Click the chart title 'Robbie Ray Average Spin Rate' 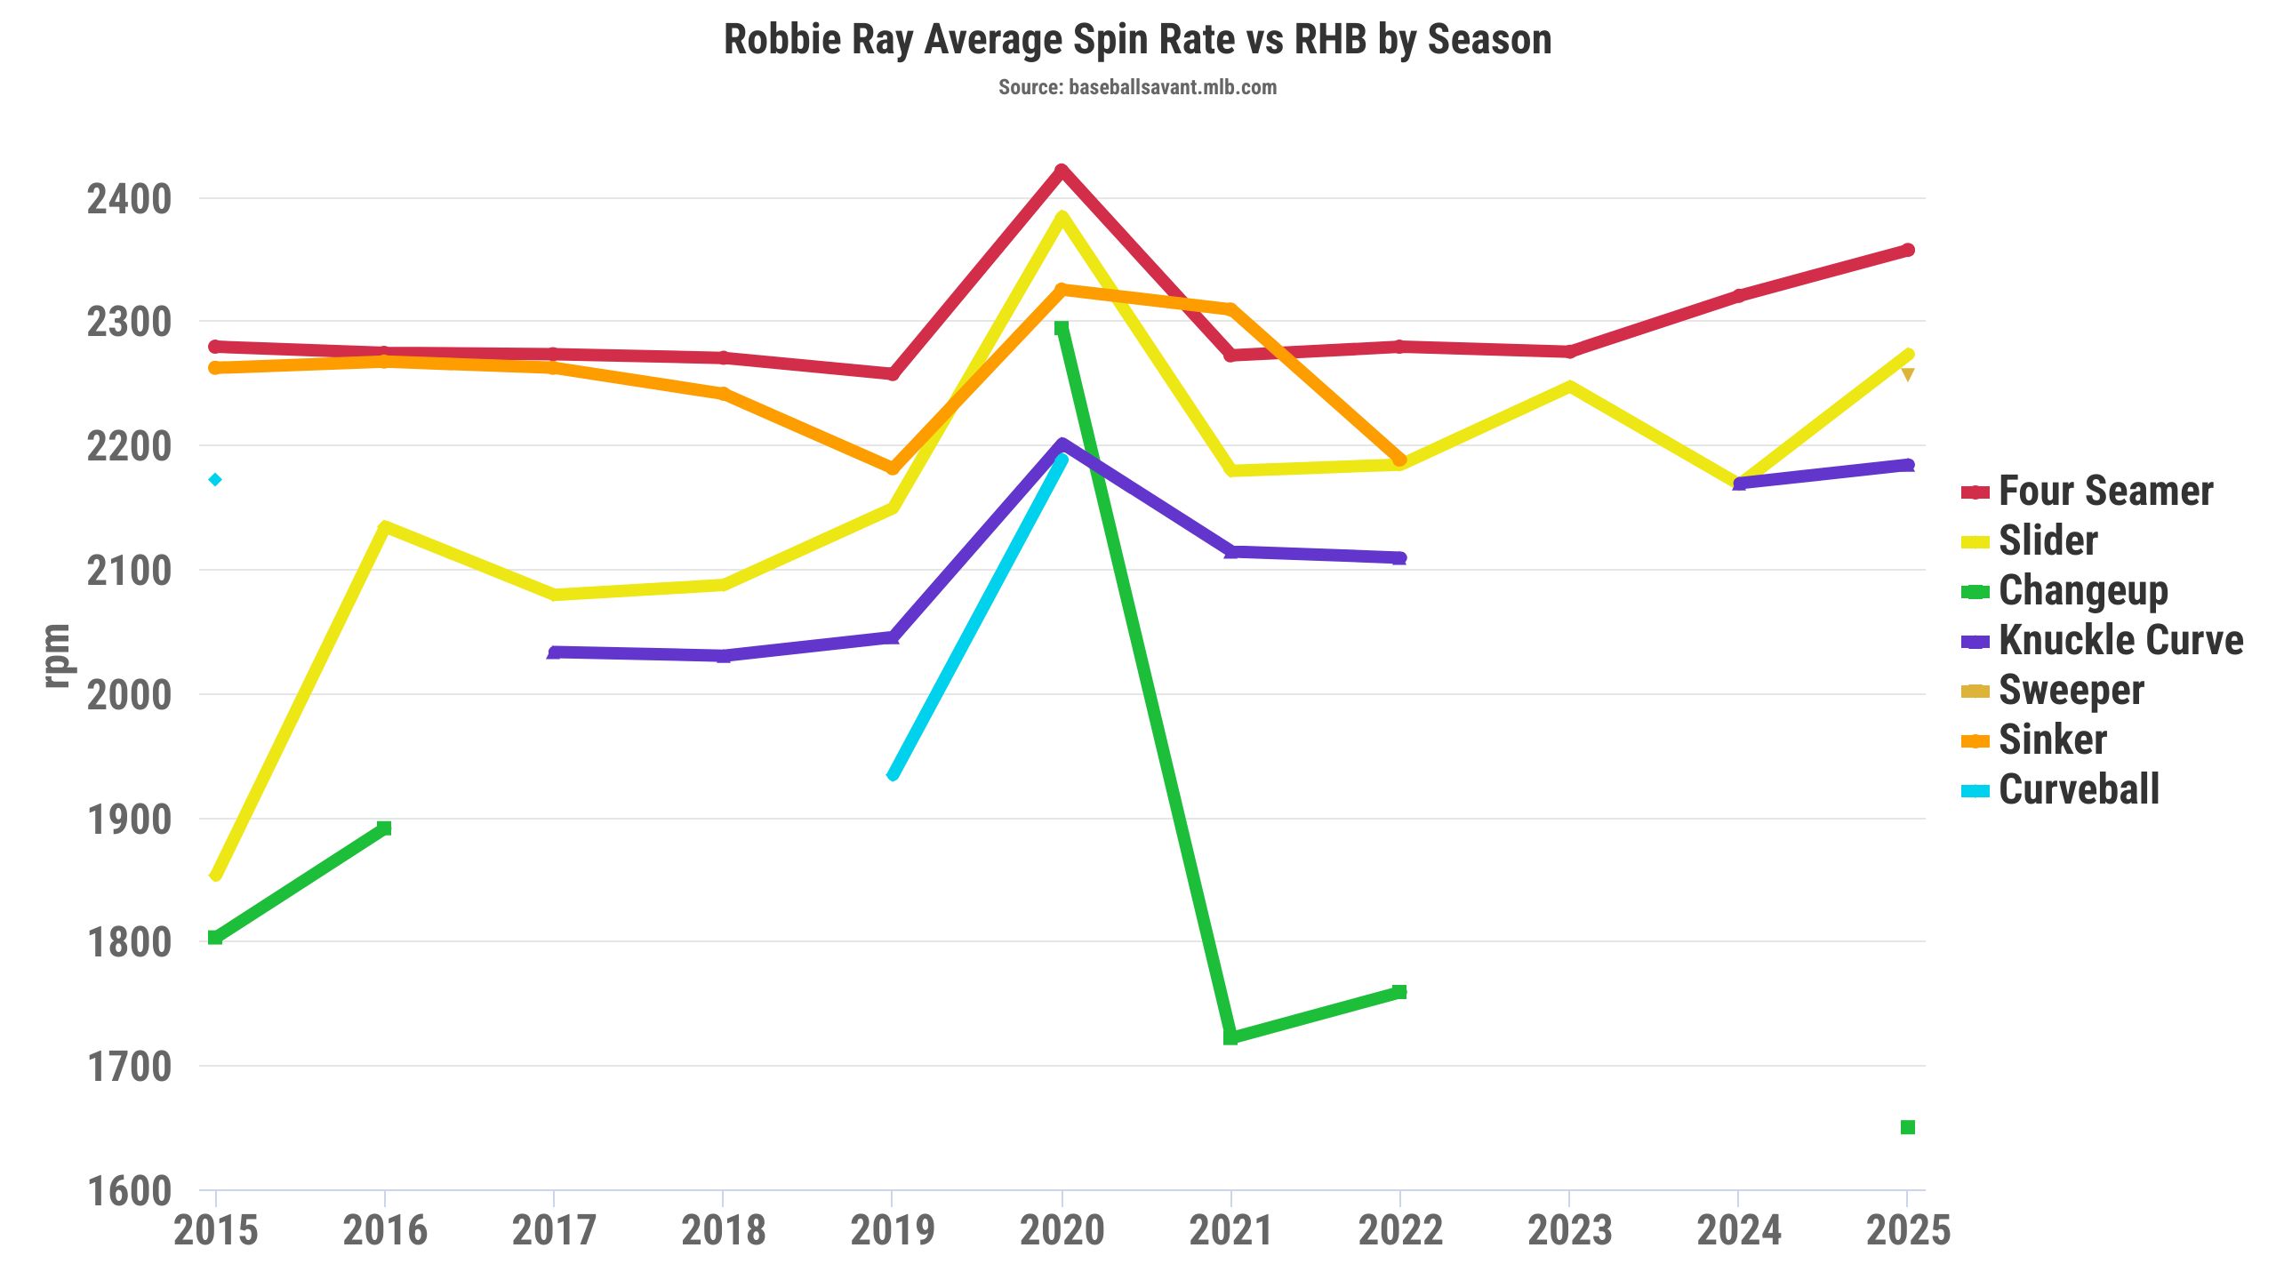pos(1137,40)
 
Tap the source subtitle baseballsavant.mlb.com pos(1137,87)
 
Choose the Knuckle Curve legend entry pos(2120,641)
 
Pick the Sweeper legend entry pos(2071,691)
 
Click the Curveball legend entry pos(2079,790)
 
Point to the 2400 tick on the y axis pos(129,199)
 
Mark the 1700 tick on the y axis pos(129,1067)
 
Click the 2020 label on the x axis pos(1062,1231)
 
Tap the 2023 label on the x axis pos(1569,1231)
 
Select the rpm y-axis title pos(56,655)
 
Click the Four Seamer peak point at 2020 pos(1062,171)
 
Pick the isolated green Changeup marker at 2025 pos(1907,1127)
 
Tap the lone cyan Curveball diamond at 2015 pos(215,480)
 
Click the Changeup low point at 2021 pos(1230,1037)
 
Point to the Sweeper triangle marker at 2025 pos(1907,375)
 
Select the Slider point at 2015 pos(215,876)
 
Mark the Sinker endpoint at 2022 pos(1400,460)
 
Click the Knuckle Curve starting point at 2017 pos(554,653)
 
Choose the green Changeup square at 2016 pos(384,828)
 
